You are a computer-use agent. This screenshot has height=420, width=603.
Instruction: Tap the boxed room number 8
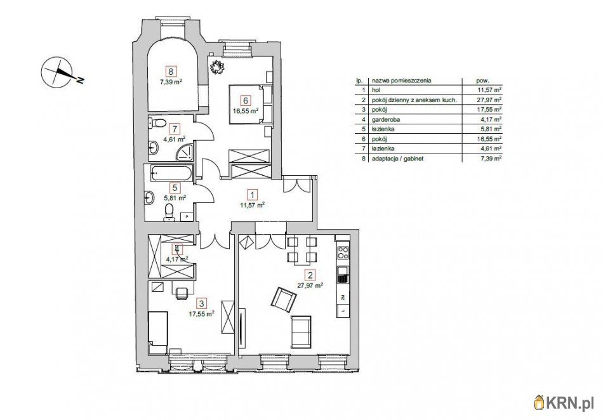click(171, 71)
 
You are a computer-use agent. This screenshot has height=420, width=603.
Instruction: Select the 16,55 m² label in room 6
click(246, 110)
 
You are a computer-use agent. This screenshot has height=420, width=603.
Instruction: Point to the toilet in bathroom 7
click(156, 123)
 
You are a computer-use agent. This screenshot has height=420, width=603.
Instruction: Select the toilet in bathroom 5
click(168, 212)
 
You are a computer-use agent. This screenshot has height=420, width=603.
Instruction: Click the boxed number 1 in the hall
click(252, 195)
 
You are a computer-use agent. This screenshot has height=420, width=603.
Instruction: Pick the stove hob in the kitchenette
click(343, 253)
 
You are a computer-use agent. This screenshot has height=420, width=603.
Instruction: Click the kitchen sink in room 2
click(342, 276)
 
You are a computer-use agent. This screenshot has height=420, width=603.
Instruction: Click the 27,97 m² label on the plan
click(310, 285)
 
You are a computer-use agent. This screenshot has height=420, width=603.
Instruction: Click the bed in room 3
click(157, 333)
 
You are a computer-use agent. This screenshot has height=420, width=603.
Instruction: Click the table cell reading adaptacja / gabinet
click(397, 159)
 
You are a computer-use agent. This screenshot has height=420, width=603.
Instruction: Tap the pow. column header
click(482, 81)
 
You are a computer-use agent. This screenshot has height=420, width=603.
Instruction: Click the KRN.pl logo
click(564, 404)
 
